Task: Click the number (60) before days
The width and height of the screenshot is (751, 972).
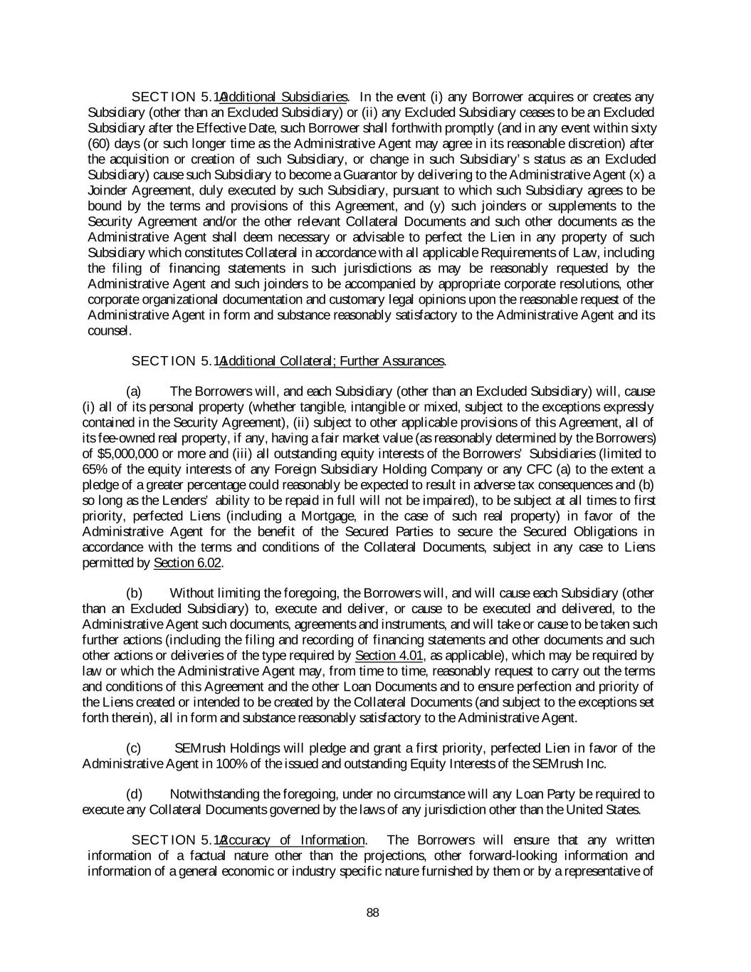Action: tap(98, 144)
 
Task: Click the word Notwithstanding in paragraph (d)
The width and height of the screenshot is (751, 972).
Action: tap(211, 794)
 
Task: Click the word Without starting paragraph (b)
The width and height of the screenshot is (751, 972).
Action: tap(192, 593)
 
